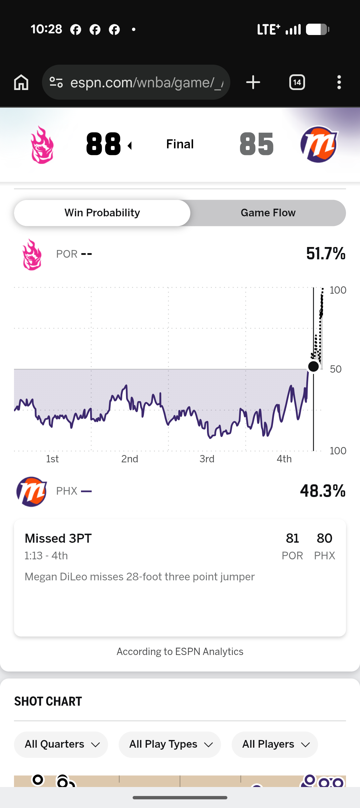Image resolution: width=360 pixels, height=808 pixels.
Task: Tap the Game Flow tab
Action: pos(268,213)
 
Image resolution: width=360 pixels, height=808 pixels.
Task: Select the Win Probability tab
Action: pos(102,213)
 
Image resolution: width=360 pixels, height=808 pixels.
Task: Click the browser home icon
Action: pos(21,82)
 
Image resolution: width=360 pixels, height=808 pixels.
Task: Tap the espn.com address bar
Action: pos(136,82)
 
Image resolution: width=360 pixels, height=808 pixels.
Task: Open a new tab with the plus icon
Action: pos(253,82)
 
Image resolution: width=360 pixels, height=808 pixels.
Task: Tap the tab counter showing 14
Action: pos(297,82)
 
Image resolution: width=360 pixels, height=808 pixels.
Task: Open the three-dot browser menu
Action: pos(339,82)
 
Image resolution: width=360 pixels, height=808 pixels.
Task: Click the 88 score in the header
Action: pos(103,144)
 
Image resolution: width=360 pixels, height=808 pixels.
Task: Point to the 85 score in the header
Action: pos(257,144)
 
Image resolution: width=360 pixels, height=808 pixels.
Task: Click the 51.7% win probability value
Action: pos(326,254)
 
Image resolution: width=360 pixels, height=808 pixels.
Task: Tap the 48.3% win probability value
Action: pos(323,491)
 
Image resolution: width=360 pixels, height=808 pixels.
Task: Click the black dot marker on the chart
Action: pos(313,366)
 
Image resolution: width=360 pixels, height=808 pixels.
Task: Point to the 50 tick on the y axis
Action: pos(336,369)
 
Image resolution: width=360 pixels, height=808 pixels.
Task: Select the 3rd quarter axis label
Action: pos(207,459)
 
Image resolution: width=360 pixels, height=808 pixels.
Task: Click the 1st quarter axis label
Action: pos(52,459)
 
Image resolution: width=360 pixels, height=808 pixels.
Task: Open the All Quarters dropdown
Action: pos(61,744)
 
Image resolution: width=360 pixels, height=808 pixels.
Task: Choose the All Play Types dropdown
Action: pos(170,744)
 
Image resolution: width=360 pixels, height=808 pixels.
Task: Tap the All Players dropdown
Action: pos(275,744)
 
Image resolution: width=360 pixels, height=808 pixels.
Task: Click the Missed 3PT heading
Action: pos(58,538)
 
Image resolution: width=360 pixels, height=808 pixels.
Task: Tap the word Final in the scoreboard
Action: pos(180,144)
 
